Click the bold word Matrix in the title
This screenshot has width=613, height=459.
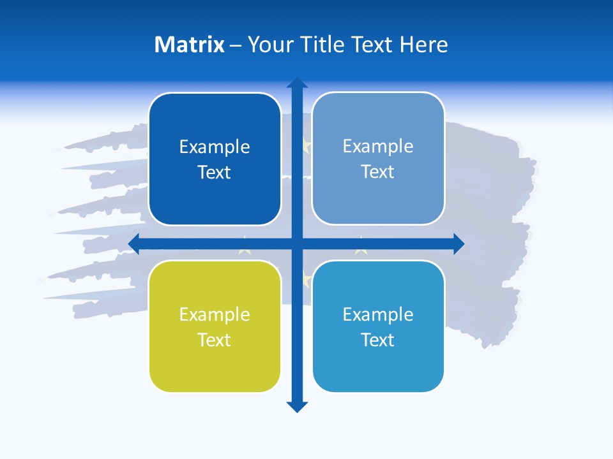[190, 45]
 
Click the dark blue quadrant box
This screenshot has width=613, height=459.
[215, 159]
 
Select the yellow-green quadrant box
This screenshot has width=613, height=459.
[215, 326]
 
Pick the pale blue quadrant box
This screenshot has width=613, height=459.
[378, 158]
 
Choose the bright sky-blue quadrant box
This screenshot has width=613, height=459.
[378, 326]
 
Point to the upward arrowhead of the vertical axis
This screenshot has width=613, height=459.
[297, 82]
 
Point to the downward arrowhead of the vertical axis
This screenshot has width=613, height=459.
[297, 407]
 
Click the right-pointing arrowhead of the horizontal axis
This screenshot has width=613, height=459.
[458, 244]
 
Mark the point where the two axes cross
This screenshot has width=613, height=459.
[297, 244]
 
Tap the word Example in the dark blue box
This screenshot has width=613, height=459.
[215, 147]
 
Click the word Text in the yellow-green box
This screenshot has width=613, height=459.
[215, 340]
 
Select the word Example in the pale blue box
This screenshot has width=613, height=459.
[378, 146]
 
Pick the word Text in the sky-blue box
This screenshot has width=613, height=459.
[378, 340]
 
